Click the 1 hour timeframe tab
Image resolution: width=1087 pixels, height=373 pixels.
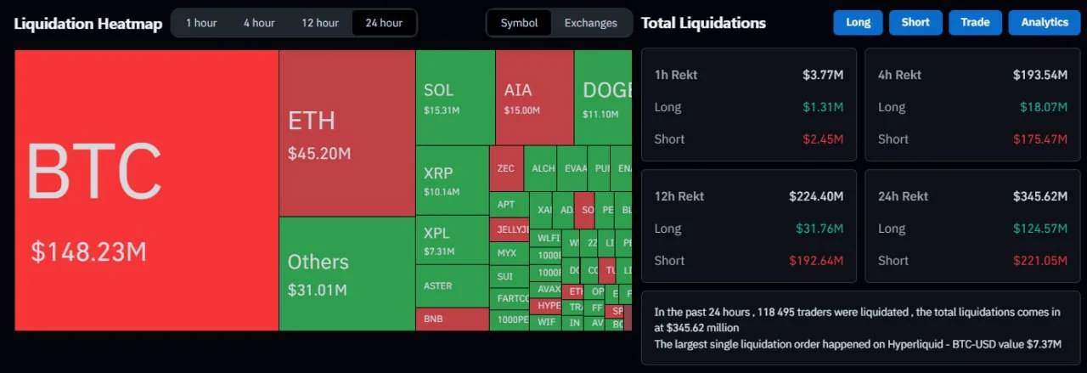(x=201, y=23)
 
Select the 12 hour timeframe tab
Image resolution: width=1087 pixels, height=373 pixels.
(x=320, y=23)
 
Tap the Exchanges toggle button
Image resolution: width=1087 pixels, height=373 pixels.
(x=590, y=23)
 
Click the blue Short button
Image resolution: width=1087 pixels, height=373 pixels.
(x=915, y=22)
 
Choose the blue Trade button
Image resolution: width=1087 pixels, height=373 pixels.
(x=975, y=22)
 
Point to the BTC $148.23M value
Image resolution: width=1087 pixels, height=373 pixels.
(x=89, y=252)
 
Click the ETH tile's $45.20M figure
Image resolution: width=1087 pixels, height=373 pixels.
(x=319, y=154)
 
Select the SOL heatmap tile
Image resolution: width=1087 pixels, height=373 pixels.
(x=454, y=97)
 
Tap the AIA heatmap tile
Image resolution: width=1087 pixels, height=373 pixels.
(x=534, y=97)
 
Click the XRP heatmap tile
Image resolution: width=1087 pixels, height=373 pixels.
(x=452, y=180)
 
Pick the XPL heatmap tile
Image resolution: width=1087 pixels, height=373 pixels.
(x=452, y=240)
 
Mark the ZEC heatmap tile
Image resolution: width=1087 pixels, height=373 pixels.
(x=506, y=168)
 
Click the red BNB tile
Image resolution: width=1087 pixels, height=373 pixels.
(x=452, y=319)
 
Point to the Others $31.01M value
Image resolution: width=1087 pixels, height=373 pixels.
(x=318, y=291)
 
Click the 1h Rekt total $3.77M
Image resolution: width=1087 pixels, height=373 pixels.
(x=823, y=75)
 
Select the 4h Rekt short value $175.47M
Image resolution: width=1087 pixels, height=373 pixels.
(x=1039, y=139)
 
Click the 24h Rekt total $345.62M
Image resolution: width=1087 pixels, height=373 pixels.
(x=1039, y=196)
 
